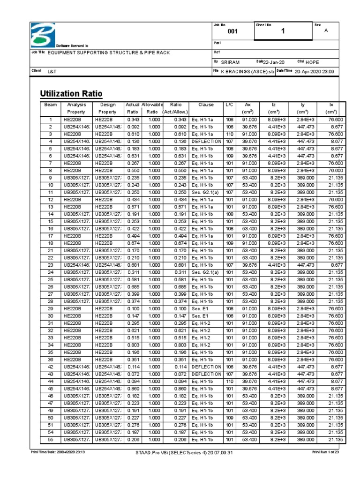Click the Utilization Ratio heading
(71, 93)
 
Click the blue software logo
(44, 34)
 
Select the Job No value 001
(232, 31)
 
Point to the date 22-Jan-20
(274, 62)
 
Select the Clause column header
(206, 105)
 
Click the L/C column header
(229, 105)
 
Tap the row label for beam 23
(50, 265)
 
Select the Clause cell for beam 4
(206, 141)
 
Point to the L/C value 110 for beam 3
(229, 134)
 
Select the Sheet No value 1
(283, 31)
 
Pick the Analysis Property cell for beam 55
(76, 440)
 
